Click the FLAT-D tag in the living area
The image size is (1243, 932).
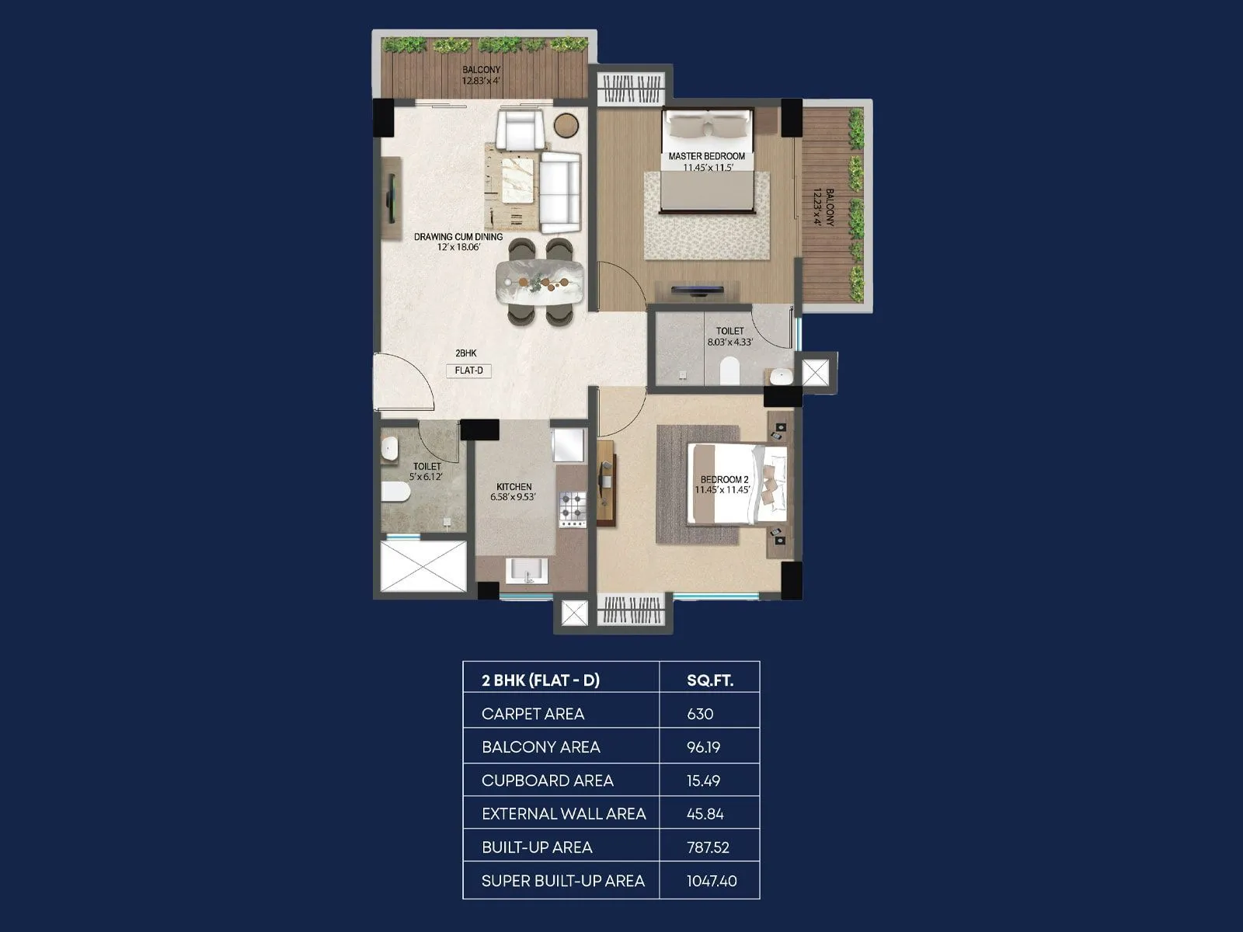[468, 370]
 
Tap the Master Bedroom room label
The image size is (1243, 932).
[706, 156]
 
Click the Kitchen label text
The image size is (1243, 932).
[514, 487]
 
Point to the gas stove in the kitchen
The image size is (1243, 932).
[573, 509]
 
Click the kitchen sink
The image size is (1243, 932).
[527, 572]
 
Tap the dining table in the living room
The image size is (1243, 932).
[539, 282]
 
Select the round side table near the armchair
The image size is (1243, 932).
[567, 125]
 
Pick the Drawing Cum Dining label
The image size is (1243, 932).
[458, 237]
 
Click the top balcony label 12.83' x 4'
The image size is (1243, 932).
[481, 75]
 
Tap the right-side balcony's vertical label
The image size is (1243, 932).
[823, 207]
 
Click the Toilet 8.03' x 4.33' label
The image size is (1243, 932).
[729, 336]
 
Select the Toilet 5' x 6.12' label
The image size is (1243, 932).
[427, 471]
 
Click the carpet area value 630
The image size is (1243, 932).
[700, 714]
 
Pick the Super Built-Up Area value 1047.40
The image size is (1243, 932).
[712, 881]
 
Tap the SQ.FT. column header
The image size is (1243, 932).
[710, 680]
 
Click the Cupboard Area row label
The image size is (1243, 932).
[547, 781]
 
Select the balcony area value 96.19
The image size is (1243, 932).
[703, 747]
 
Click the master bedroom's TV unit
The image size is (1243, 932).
[697, 290]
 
